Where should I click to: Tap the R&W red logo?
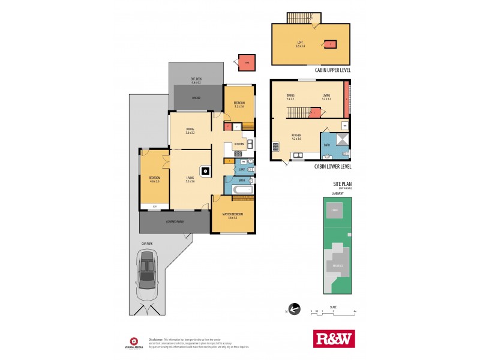[334, 338]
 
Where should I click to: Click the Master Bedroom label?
[233, 217]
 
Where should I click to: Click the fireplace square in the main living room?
[206, 171]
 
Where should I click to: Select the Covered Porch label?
[175, 221]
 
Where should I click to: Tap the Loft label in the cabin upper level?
[300, 44]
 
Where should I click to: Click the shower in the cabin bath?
[341, 140]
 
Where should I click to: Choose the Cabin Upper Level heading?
[333, 70]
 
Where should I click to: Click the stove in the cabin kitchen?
[276, 146]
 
